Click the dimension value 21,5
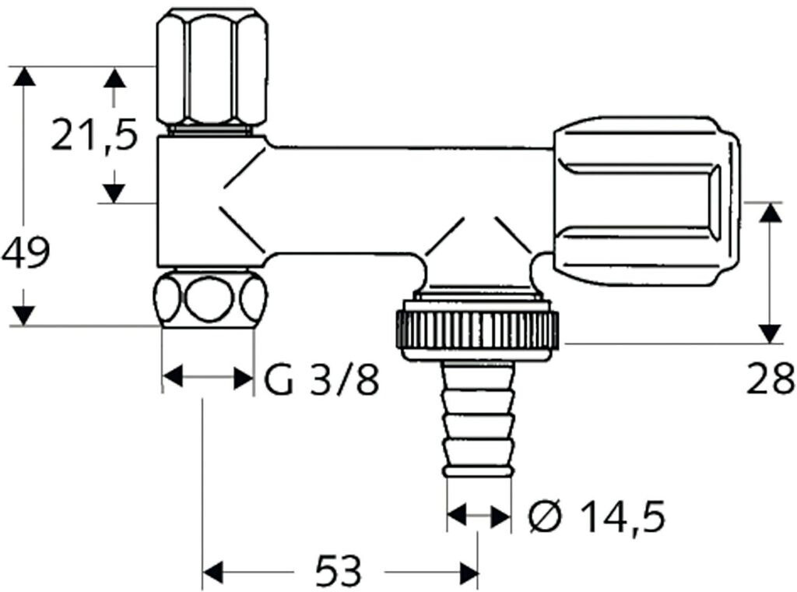click(x=94, y=134)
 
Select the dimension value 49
click(x=26, y=252)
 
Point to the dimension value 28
click(x=770, y=378)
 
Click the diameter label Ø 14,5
click(x=596, y=516)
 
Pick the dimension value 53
click(x=338, y=570)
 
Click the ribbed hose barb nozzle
click(x=478, y=419)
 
